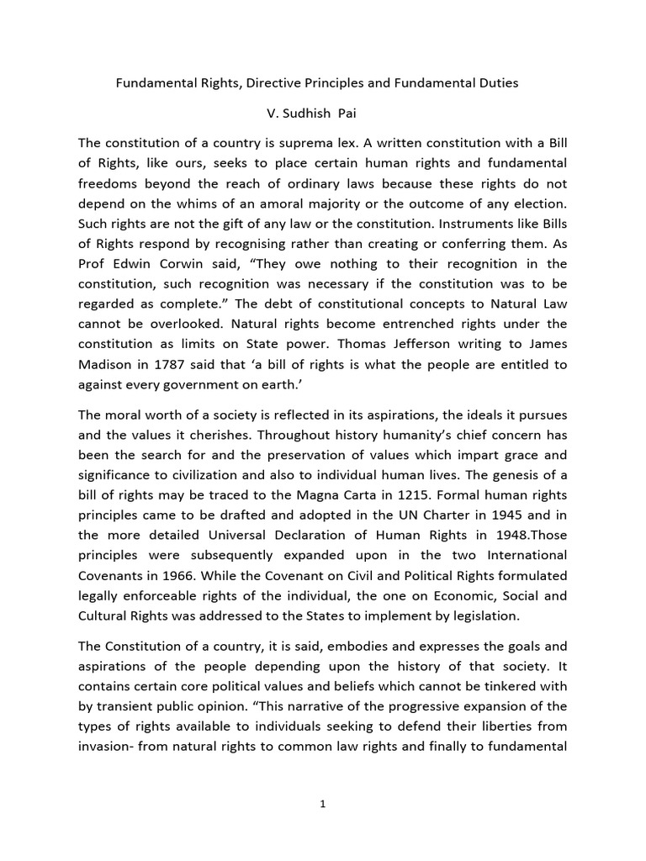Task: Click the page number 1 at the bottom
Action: click(x=323, y=804)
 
